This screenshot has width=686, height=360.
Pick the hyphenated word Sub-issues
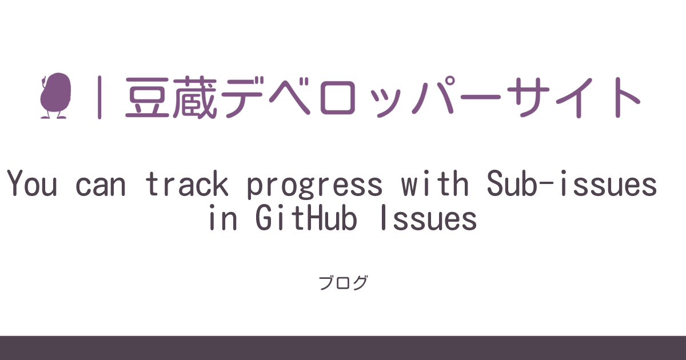tap(572, 185)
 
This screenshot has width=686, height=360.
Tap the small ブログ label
tap(343, 283)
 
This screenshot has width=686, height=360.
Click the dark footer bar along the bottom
tap(343, 348)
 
